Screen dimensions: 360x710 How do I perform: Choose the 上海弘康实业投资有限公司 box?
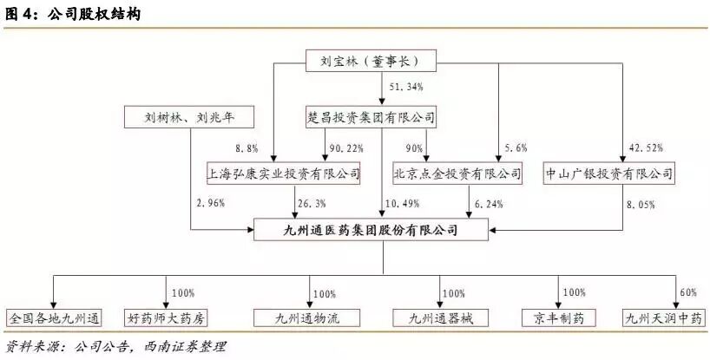point(283,173)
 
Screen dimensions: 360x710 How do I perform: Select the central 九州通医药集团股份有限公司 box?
point(371,230)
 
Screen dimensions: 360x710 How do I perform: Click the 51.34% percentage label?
point(406,88)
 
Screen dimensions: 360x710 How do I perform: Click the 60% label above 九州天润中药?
point(687,292)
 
